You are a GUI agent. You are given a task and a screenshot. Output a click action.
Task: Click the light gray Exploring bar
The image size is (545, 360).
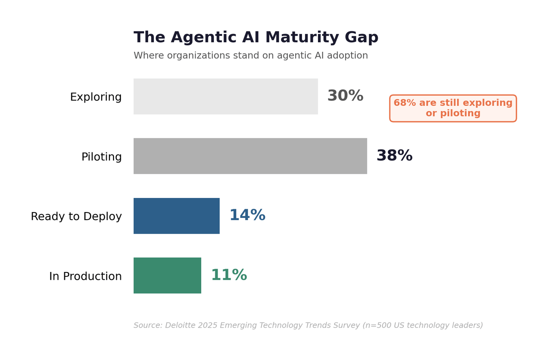tap(225, 96)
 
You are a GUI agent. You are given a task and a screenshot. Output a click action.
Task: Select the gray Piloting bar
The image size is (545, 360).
tap(250, 156)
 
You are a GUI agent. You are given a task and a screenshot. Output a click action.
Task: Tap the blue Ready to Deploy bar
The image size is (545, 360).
tap(176, 216)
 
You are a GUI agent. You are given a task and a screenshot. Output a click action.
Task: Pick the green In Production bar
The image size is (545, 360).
tap(167, 275)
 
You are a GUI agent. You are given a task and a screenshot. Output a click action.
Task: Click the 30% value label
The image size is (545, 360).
tap(345, 96)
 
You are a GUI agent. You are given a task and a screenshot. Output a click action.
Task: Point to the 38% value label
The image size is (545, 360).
tap(394, 156)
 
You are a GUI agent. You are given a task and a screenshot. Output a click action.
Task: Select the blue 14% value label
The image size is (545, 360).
tap(247, 216)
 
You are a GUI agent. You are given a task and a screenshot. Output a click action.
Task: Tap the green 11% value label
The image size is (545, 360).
tap(228, 275)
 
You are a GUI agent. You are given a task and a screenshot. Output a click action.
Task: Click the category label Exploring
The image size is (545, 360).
tap(96, 97)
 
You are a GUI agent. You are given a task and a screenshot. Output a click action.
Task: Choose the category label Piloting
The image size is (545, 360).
tap(101, 157)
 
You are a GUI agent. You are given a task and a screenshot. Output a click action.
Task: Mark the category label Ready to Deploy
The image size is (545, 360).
tap(76, 217)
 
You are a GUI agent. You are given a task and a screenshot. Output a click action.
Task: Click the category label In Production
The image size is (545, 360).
tap(85, 276)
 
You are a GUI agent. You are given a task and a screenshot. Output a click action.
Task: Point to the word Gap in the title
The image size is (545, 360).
tap(362, 38)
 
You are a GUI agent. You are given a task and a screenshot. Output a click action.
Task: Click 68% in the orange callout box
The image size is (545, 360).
tap(404, 103)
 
